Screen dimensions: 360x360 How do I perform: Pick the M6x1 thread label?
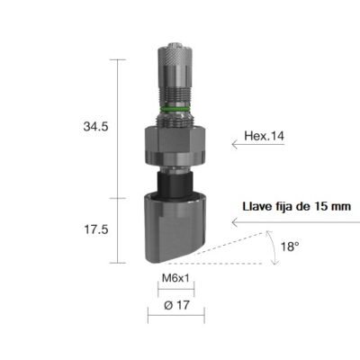click(x=175, y=279)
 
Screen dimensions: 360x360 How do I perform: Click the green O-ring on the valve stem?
click(x=176, y=109)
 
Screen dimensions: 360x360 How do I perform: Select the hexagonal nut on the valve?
click(x=176, y=139)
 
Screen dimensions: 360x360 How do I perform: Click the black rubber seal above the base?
click(x=176, y=184)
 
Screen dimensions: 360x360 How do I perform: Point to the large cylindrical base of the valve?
click(x=176, y=229)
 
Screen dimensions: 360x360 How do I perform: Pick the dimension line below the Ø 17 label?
click(x=176, y=317)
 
